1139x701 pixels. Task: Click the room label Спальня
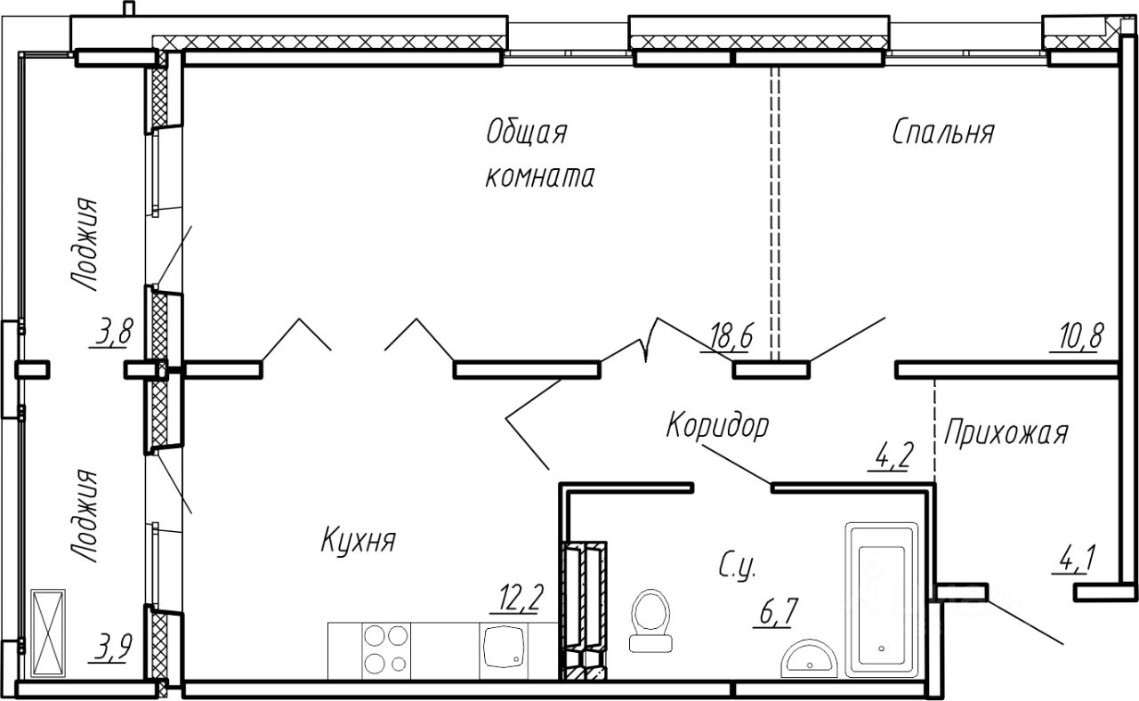tap(942, 133)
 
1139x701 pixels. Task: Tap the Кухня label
tap(358, 540)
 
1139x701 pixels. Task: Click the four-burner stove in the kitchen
tap(387, 650)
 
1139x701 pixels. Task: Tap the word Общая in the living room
tap(526, 133)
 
